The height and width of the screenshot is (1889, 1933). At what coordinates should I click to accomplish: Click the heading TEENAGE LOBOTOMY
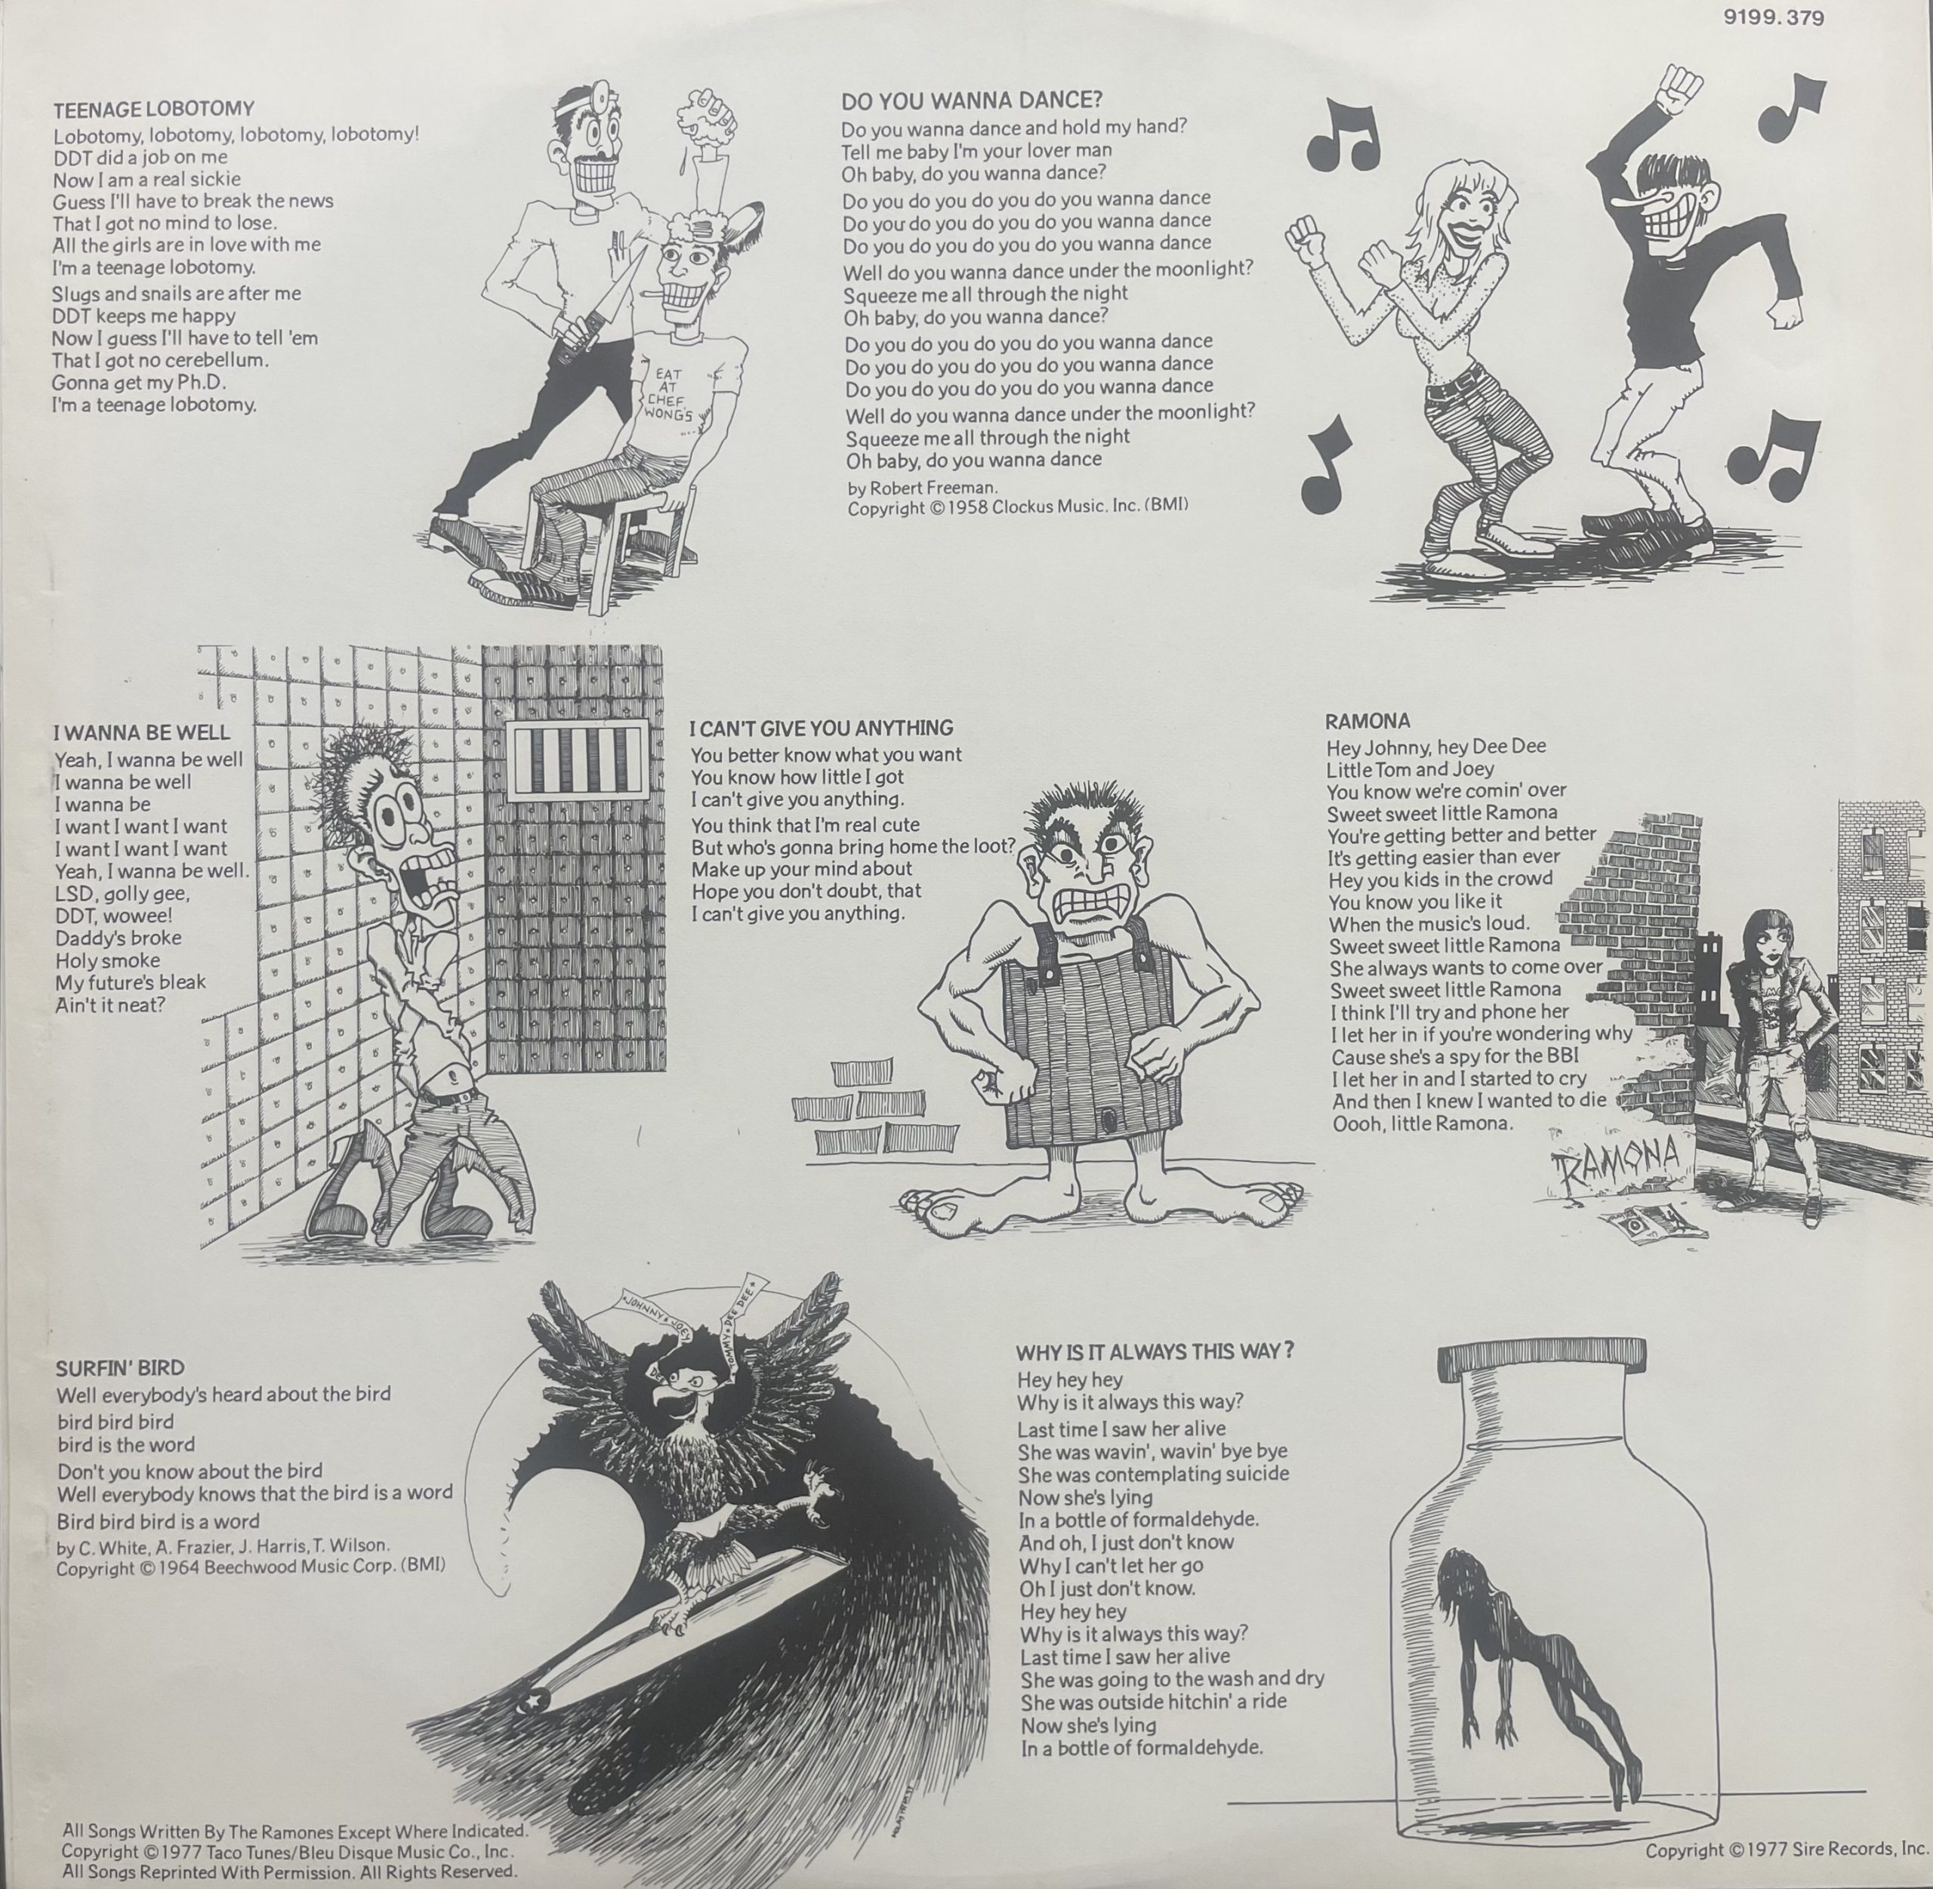click(154, 108)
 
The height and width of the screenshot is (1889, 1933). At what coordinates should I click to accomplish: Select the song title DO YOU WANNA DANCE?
click(972, 100)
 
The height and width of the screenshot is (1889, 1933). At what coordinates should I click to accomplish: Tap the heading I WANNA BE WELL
click(142, 732)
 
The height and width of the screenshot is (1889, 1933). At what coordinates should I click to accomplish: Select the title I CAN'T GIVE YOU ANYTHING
click(821, 727)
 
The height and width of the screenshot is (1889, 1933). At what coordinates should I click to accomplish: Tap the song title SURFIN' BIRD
click(120, 1368)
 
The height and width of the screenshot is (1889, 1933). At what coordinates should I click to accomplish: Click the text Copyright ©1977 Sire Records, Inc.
click(1787, 1849)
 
